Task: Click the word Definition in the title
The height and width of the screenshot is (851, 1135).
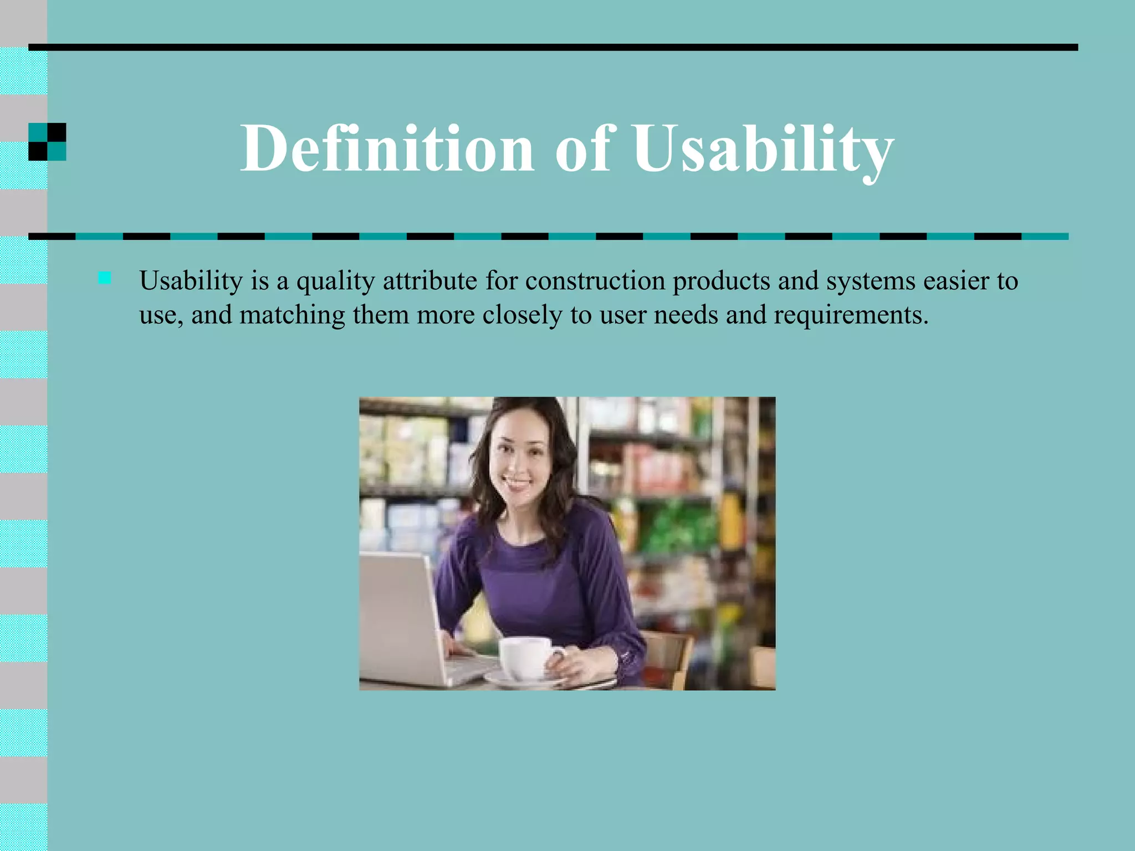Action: tap(387, 148)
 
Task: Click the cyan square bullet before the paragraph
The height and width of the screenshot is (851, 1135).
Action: tap(104, 278)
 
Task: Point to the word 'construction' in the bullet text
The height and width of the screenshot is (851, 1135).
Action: tap(595, 280)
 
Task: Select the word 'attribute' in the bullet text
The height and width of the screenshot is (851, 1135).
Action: tap(430, 280)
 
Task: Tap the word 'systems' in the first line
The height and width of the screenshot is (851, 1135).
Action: tap(871, 281)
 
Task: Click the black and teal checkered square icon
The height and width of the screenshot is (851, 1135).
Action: tap(47, 142)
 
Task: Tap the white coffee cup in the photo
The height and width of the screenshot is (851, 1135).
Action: tap(526, 657)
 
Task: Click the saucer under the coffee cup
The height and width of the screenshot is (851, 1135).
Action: tap(502, 680)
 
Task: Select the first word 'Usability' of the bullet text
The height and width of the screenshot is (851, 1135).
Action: tap(191, 280)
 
